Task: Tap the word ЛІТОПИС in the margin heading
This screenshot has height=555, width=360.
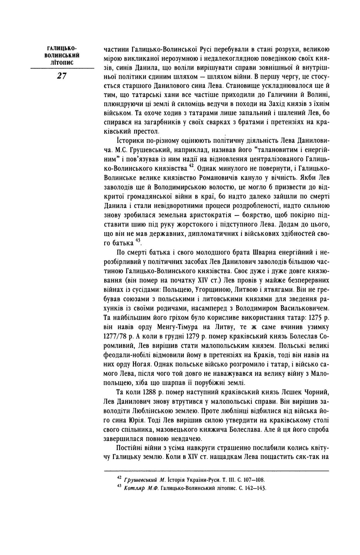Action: click(62, 63)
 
